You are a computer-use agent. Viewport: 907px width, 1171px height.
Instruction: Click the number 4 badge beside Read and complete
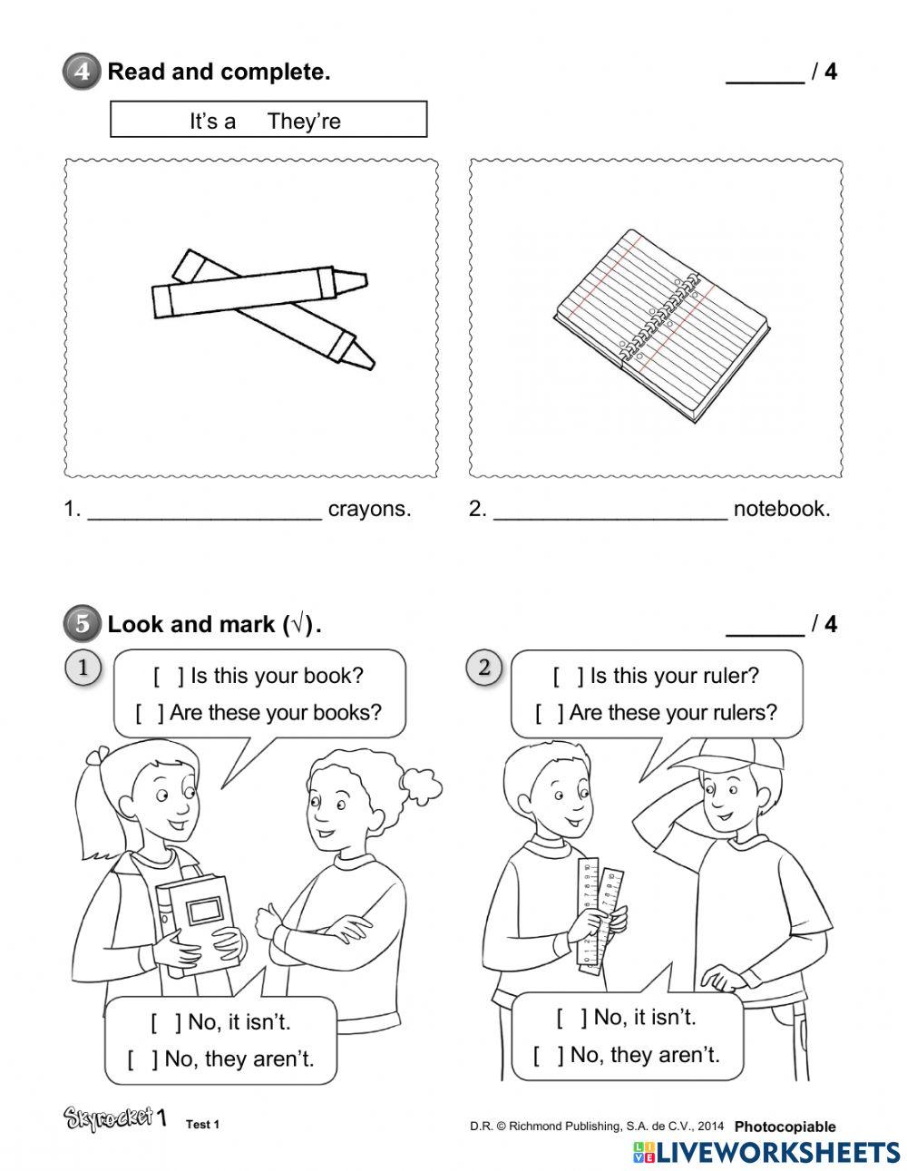(x=82, y=72)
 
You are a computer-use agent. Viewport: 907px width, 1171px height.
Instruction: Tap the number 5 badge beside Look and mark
(x=82, y=624)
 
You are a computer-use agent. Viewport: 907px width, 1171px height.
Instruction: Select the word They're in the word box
(x=304, y=122)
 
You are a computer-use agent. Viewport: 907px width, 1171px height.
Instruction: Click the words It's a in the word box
(x=212, y=122)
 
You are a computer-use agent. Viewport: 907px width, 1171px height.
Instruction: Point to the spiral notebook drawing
(x=660, y=323)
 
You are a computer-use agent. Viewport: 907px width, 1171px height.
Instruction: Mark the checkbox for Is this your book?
(x=168, y=677)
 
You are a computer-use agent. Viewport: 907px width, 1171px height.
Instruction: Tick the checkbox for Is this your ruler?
(x=569, y=677)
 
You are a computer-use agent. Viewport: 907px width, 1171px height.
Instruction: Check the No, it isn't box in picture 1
(x=166, y=1022)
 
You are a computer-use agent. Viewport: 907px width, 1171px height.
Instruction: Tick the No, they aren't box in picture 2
(x=549, y=1055)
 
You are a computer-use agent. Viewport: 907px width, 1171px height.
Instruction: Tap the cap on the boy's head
(x=730, y=753)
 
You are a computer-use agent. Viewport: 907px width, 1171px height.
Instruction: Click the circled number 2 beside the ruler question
(x=484, y=668)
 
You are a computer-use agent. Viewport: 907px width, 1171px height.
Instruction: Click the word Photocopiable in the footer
(x=785, y=1127)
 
